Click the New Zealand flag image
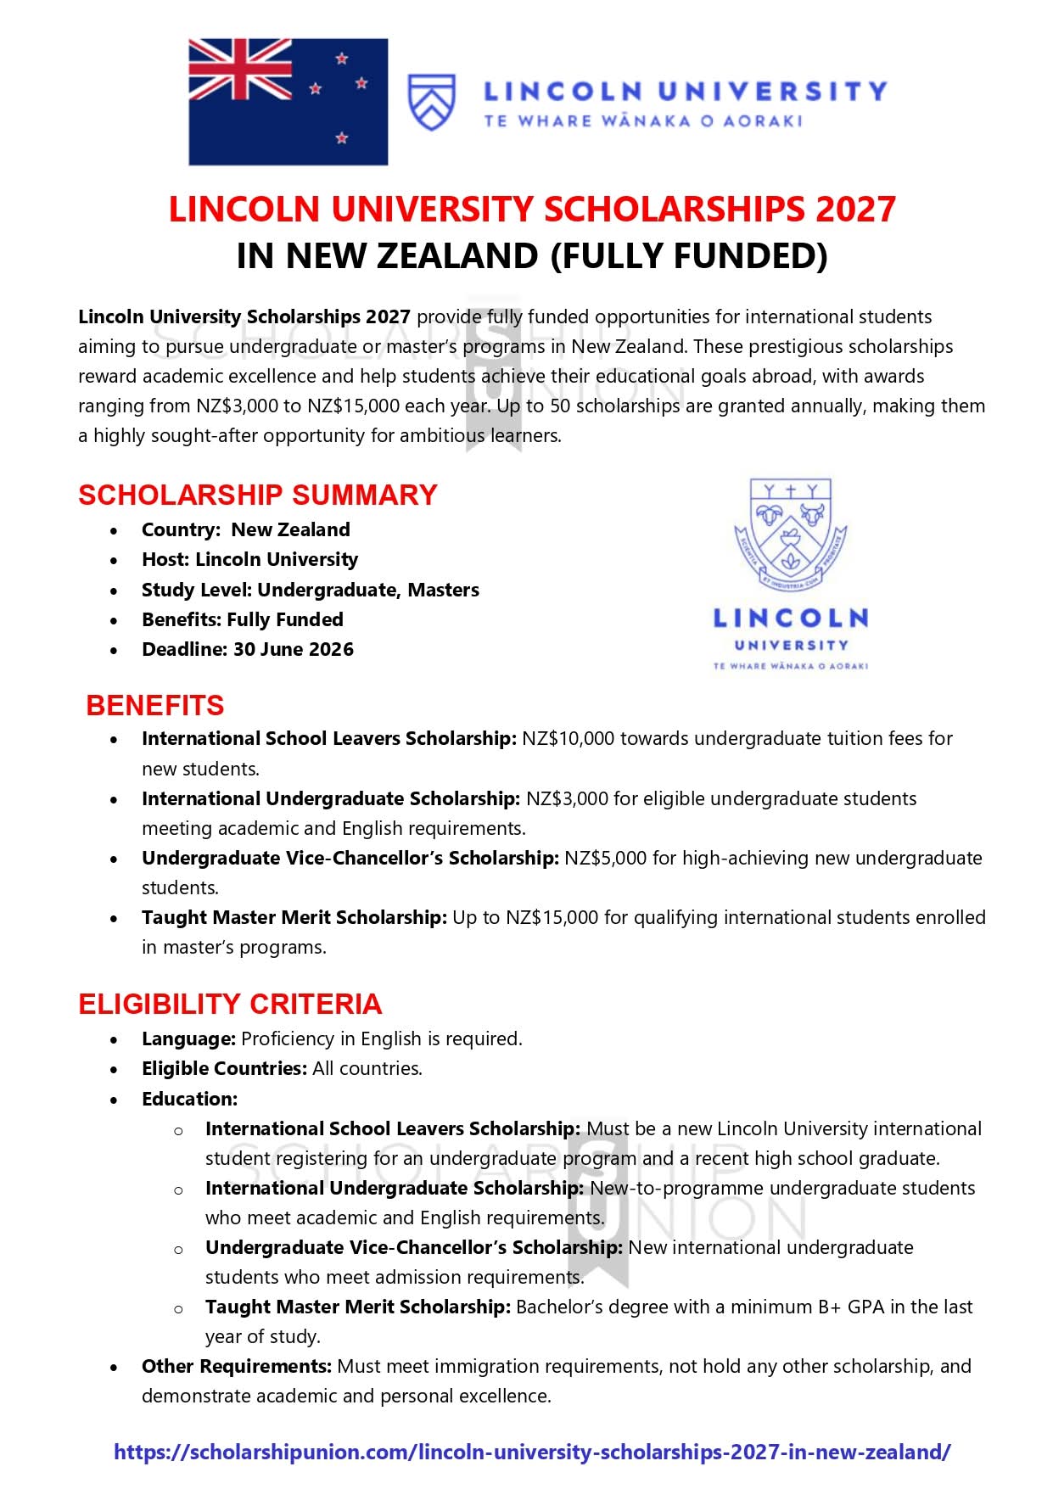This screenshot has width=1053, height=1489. pos(288,101)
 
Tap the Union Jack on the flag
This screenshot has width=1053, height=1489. pos(239,70)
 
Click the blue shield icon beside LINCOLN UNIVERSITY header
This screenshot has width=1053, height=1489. pos(432,102)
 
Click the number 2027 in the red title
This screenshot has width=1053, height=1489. pos(854,210)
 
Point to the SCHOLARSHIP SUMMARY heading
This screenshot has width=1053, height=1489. pos(257,495)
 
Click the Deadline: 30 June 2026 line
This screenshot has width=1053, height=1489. pos(247,649)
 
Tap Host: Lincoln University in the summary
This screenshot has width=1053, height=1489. pos(249,559)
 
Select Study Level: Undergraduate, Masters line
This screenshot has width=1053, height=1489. pos(310,590)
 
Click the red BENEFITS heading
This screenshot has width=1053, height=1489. pos(155,705)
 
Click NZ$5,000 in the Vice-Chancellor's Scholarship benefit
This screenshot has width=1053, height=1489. pos(605,858)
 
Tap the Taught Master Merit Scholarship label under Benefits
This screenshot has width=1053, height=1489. pos(294,917)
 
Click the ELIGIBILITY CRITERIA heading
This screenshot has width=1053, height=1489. pos(230,1004)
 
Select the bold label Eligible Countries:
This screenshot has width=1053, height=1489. pos(224,1068)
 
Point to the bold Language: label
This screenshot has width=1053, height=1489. pos(188,1038)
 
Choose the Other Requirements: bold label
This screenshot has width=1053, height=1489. pos(236,1366)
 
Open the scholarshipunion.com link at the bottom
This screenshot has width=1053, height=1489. pos(532,1452)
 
